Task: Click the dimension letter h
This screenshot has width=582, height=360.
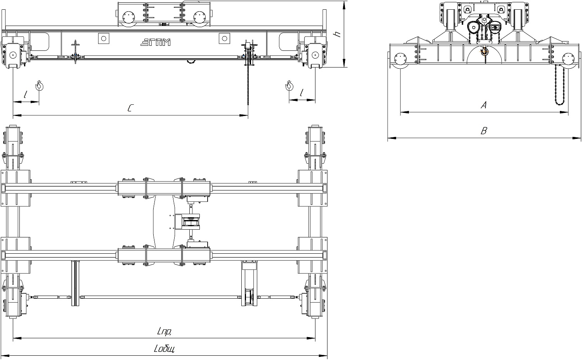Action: pos(338,34)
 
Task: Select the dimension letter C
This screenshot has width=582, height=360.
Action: pos(131,108)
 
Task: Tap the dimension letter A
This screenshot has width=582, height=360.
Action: pos(483,105)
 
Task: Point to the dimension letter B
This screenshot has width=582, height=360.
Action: pos(483,131)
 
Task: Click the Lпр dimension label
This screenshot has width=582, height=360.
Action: pos(164,331)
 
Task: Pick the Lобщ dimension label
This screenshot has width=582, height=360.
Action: pos(164,349)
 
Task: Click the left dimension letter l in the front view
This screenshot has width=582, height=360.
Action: pos(25,94)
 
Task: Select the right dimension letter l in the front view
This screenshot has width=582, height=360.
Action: pos(301,93)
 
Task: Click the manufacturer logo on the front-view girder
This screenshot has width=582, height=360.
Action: pos(156,42)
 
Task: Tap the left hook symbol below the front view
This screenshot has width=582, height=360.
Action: pos(40,85)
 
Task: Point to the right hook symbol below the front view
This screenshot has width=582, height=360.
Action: pos(289,85)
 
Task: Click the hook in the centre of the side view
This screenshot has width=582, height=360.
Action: pos(484,51)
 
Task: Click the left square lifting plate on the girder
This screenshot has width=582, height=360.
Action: pos(104,39)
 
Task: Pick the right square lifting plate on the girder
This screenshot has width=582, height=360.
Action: pos(225,39)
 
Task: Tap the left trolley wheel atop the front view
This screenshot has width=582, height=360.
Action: pos(129,18)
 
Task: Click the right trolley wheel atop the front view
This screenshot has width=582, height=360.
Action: pos(200,18)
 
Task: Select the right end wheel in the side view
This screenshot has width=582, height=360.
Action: pos(568,59)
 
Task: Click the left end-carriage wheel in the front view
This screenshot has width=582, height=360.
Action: pos(12,55)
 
